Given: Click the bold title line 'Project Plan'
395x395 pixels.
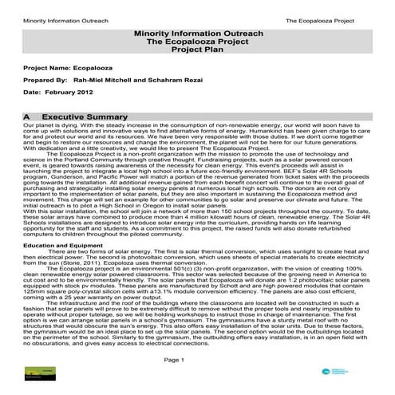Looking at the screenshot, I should pos(197,48).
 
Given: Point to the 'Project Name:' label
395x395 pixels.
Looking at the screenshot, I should pos(46,70).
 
